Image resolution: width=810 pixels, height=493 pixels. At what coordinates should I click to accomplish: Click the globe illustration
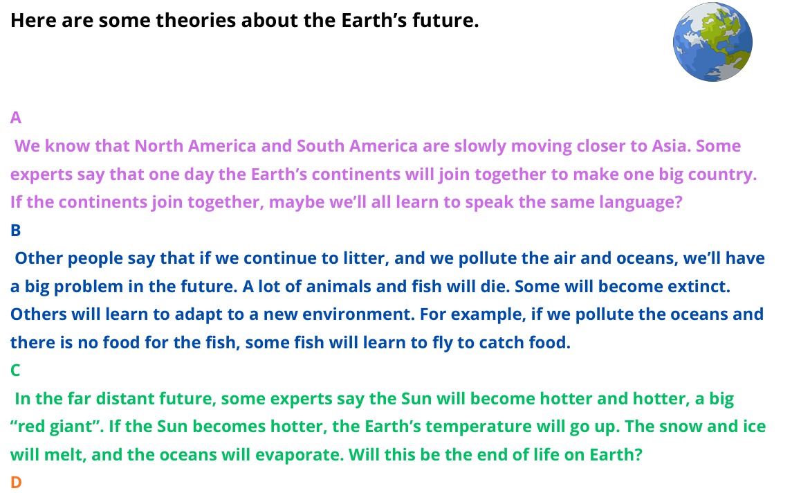712,42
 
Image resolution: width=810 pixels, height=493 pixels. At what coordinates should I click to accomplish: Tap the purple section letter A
15,118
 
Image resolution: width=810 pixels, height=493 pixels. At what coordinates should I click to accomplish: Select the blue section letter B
15,230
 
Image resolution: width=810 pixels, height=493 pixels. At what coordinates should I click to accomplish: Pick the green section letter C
15,370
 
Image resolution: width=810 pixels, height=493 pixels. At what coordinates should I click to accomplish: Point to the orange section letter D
16,483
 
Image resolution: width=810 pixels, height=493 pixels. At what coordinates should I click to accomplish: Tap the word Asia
670,146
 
